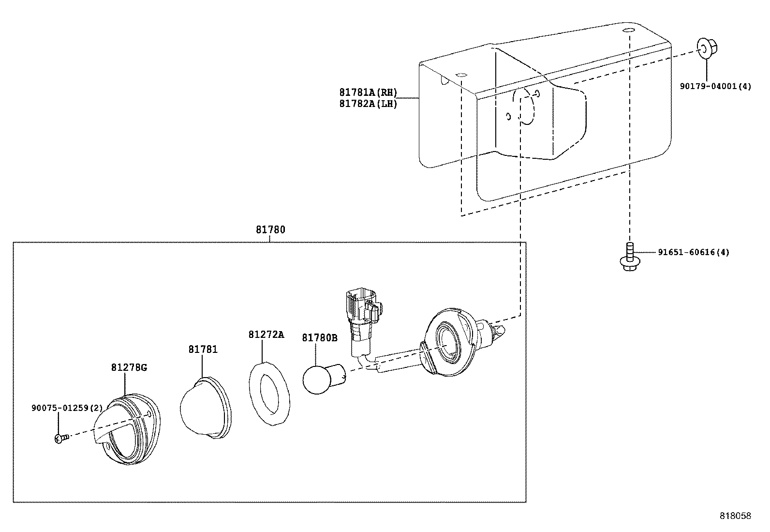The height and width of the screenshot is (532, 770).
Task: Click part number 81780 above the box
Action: coord(270,230)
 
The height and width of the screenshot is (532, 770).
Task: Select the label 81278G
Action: coord(129,367)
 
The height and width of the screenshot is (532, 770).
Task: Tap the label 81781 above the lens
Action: coord(203,349)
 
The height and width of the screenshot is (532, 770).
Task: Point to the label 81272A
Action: coord(266,334)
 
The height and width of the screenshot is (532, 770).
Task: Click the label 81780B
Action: coord(319,337)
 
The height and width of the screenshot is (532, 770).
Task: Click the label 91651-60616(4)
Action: coord(693,252)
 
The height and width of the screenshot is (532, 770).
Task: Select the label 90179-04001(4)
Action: coord(715,87)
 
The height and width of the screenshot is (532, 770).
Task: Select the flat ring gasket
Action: coord(269,394)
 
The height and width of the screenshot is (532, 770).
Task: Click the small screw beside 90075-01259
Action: coord(60,439)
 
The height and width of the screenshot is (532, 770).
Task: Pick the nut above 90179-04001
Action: coord(707,48)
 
